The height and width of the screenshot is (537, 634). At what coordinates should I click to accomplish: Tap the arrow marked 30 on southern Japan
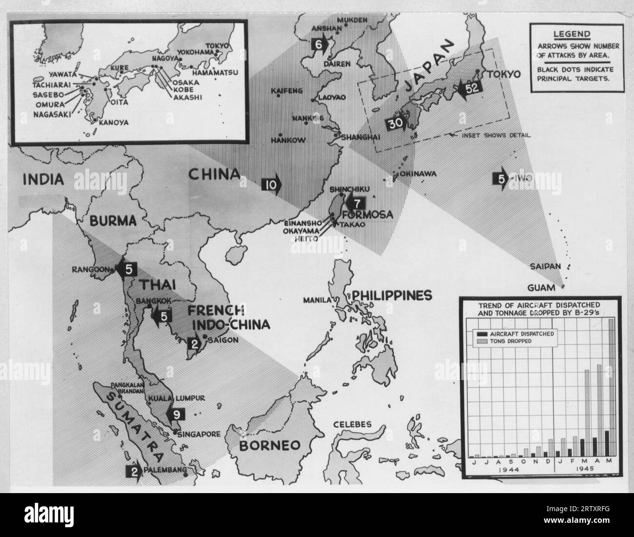point(396,124)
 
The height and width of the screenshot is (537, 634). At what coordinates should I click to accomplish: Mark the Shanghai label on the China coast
point(361,137)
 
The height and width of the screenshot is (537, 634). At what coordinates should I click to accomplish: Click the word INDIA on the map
point(43,179)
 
